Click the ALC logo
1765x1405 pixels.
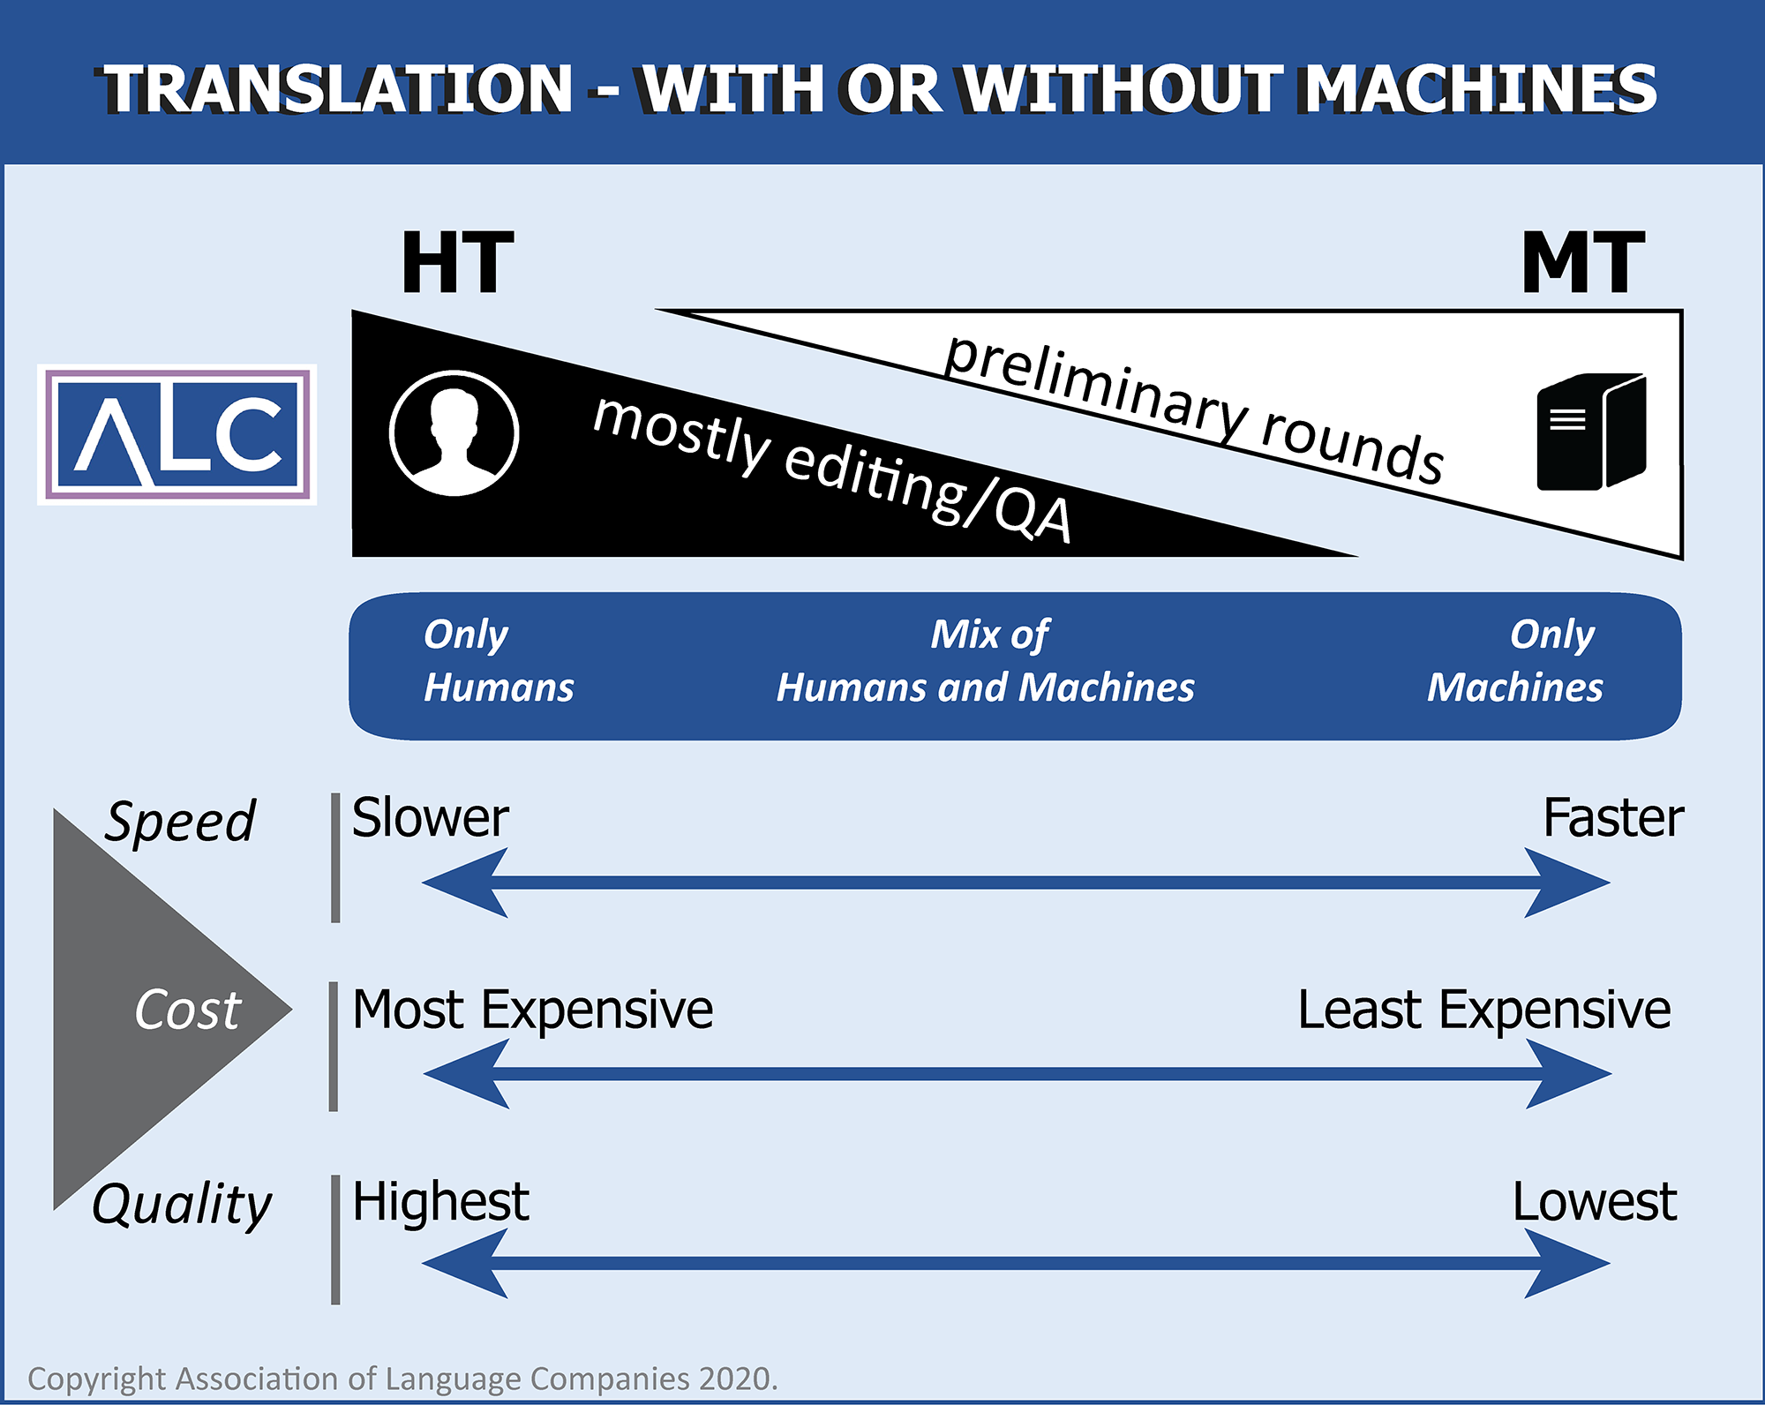[x=176, y=435]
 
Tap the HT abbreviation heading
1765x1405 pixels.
[x=457, y=262]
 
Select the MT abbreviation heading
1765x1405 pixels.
[x=1582, y=262]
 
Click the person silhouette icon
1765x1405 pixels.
[x=454, y=433]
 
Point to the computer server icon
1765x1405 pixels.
[x=1591, y=432]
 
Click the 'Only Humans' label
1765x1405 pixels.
[x=498, y=660]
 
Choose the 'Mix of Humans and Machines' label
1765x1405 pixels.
[x=986, y=660]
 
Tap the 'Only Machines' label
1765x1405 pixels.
[x=1515, y=660]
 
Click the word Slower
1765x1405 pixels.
[x=430, y=817]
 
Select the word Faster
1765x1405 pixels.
[x=1612, y=817]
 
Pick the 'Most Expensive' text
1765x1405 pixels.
[x=532, y=1009]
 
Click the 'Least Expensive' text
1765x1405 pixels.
[x=1483, y=1009]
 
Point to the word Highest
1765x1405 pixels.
[x=440, y=1201]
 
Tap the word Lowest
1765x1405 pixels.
[x=1594, y=1201]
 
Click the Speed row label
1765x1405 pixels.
[x=181, y=822]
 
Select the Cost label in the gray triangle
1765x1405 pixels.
[x=187, y=1009]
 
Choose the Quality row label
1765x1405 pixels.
[x=182, y=1204]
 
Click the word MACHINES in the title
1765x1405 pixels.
[x=1479, y=89]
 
